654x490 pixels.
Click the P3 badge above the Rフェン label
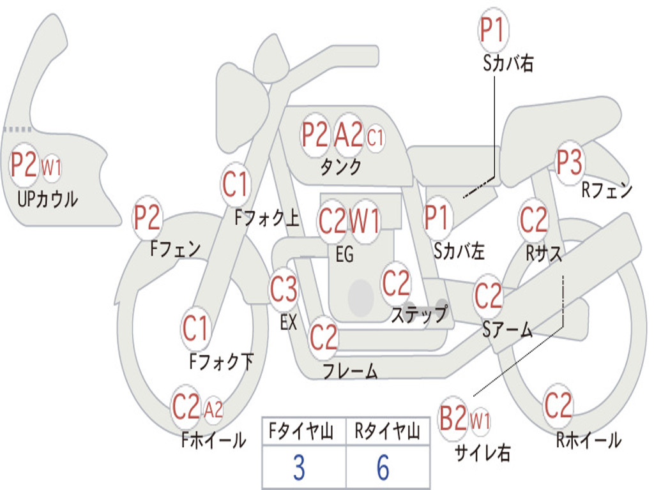click(x=570, y=163)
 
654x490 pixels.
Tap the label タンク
click(x=341, y=167)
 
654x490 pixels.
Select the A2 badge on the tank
click(x=349, y=135)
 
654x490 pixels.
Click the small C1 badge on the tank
click(x=375, y=137)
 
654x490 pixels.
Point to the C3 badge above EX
click(x=284, y=289)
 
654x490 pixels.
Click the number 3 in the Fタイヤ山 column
click(x=299, y=468)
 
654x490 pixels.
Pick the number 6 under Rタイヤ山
click(x=383, y=468)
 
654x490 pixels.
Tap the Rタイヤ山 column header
click(x=387, y=431)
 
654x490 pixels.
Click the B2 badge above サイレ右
click(x=453, y=418)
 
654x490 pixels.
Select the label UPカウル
click(x=47, y=199)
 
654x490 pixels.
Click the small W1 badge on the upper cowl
click(x=51, y=168)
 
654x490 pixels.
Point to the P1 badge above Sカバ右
click(x=493, y=29)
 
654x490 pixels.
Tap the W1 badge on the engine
click(x=365, y=220)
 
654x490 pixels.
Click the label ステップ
click(x=419, y=313)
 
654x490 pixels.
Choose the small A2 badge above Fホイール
click(x=213, y=410)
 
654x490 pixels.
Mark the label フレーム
click(x=351, y=371)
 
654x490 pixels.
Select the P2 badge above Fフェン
click(x=147, y=217)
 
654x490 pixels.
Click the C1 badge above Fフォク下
click(x=195, y=328)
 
